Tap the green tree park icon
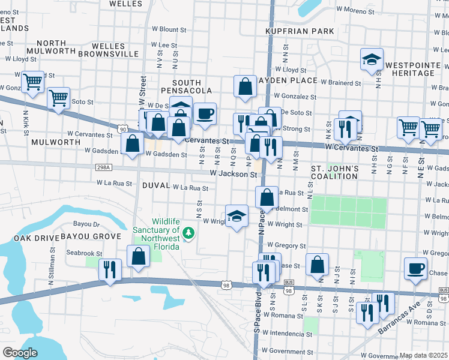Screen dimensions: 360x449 (188, 232)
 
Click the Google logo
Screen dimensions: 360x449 (19, 353)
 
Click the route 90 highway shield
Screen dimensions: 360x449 (123, 128)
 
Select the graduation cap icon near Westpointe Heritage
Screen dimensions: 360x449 (372, 59)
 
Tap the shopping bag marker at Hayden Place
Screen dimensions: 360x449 (246, 87)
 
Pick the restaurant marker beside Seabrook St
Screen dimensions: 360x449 (110, 269)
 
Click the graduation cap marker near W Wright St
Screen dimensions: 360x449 (237, 216)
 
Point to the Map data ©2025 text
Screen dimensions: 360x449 (424, 355)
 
